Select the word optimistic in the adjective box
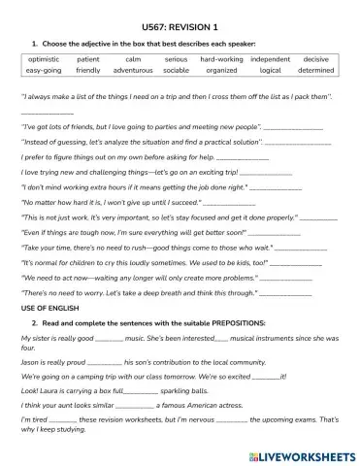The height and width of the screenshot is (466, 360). point(44,60)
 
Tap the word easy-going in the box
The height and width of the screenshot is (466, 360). point(44,71)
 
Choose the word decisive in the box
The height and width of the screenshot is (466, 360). point(315,60)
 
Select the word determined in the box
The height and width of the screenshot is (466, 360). point(315,71)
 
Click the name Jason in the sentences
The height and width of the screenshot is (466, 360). point(31,360)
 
